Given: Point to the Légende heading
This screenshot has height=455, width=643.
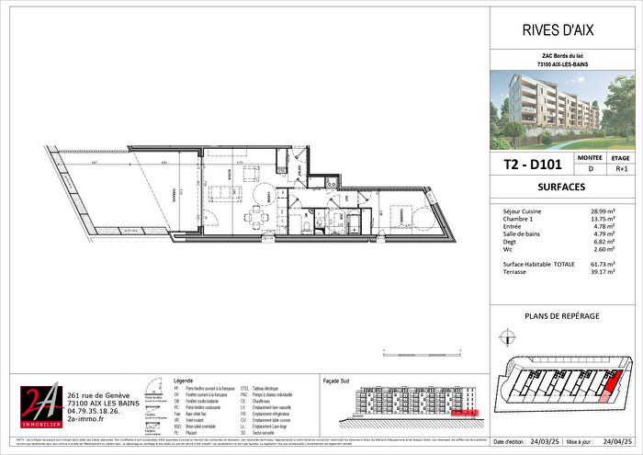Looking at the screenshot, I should [x=184, y=380].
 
